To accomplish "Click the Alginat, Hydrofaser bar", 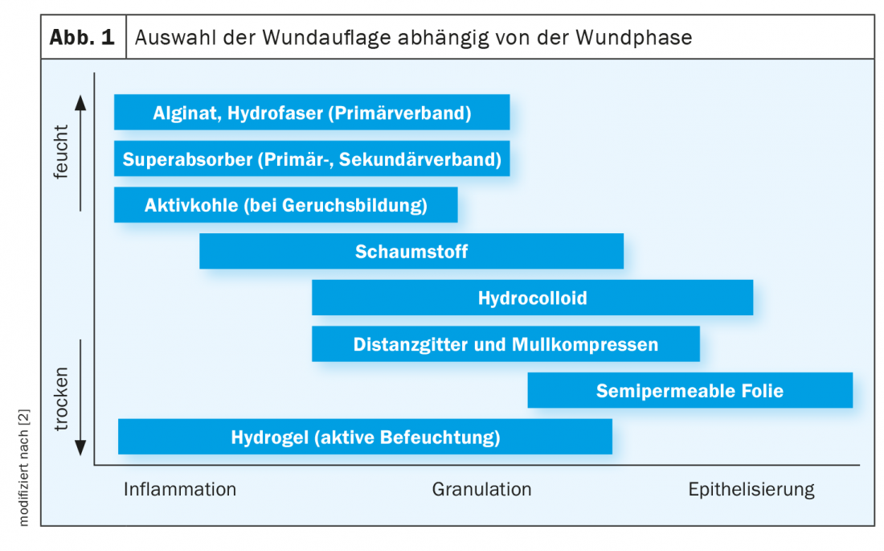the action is click(x=312, y=113).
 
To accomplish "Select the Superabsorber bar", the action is click(x=312, y=158).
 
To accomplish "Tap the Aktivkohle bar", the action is click(x=286, y=205).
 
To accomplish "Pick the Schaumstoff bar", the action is click(x=411, y=251).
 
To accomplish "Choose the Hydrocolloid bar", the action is click(x=532, y=298).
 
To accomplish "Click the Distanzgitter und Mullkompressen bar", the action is click(x=505, y=343).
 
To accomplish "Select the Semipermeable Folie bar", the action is click(x=690, y=390).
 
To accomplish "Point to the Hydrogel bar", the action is click(x=366, y=437).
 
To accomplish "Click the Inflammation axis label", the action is click(x=180, y=489).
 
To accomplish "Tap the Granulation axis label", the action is click(x=481, y=489).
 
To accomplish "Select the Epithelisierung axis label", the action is click(x=751, y=489).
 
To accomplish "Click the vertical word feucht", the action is click(x=60, y=152).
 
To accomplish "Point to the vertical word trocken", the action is click(x=60, y=399).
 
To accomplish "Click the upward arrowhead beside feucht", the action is click(x=80, y=102).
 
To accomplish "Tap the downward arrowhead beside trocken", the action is click(x=80, y=448).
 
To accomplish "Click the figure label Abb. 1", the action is click(x=82, y=37).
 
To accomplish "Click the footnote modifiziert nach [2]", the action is click(x=23, y=467).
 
